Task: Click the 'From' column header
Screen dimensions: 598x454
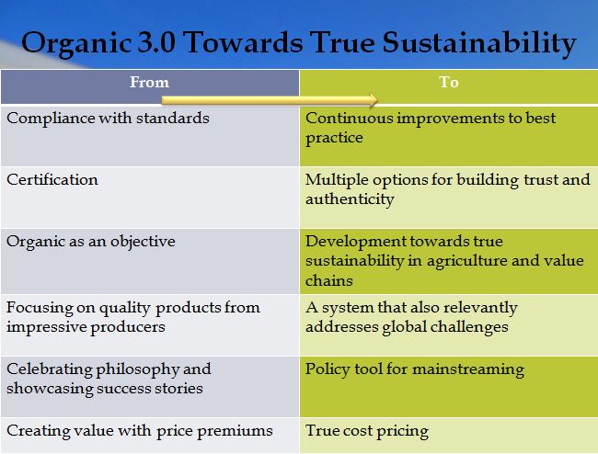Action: coord(149,82)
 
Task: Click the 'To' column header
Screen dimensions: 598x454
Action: coord(449,82)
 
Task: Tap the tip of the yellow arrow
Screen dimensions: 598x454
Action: coord(377,100)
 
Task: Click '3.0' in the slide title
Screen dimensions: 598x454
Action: coord(156,42)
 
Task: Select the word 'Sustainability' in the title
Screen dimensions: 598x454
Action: coord(479,44)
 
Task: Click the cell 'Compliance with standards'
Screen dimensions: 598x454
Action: coord(108,118)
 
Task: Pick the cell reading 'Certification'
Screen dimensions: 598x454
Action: coord(52,180)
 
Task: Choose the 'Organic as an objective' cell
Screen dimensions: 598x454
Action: coord(91,242)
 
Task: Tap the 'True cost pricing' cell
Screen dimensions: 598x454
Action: coord(367,431)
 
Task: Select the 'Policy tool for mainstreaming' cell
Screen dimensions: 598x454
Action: coord(415,369)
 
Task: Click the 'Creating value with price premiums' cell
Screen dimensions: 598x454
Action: coord(140,431)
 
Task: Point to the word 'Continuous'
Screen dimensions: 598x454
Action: coord(350,118)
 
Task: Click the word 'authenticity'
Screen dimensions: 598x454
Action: coord(350,199)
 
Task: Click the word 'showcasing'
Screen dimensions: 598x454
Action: coord(50,390)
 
